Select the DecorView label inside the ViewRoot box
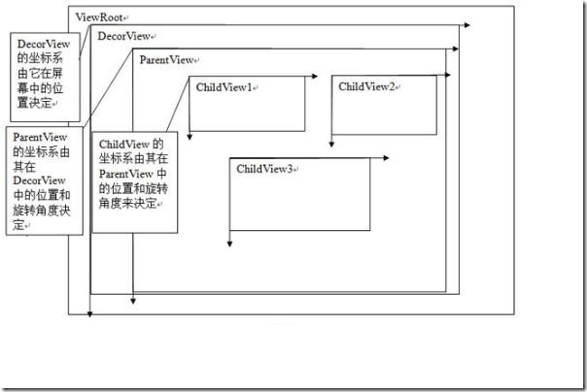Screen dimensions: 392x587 tap(121, 36)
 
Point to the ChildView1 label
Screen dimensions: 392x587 tap(224, 87)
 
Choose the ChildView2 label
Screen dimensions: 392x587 tap(366, 87)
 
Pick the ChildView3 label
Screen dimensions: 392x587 tap(264, 169)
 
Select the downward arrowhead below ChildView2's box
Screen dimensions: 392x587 tap(331, 145)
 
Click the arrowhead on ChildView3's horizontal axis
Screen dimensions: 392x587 tap(399, 156)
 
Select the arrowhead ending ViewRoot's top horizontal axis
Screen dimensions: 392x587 tap(467, 24)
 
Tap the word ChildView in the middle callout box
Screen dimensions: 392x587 tap(123, 144)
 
